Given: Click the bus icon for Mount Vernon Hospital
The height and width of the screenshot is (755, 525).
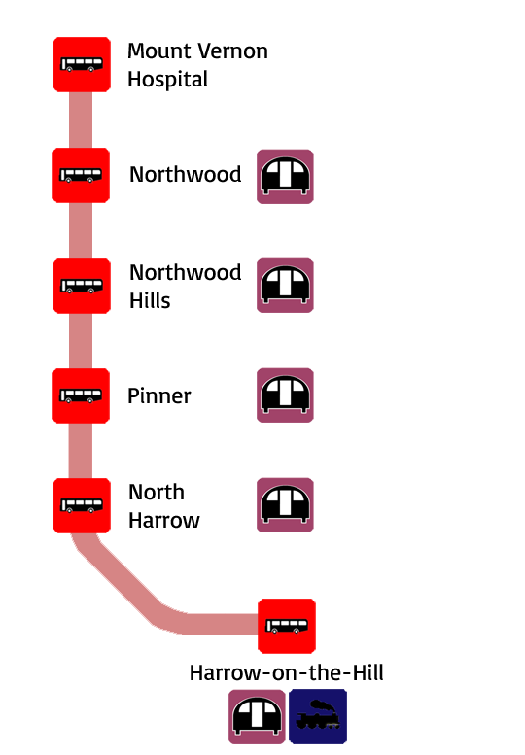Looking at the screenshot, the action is tap(82, 64).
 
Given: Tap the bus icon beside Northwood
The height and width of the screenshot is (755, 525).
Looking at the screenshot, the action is tap(81, 175).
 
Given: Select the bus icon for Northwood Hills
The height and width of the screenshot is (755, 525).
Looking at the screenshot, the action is tap(82, 286).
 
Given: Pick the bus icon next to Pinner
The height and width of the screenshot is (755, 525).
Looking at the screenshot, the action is tap(81, 395).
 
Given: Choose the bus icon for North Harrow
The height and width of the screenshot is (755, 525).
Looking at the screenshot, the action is tap(82, 505).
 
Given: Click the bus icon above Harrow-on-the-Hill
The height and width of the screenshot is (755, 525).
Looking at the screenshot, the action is tap(287, 626).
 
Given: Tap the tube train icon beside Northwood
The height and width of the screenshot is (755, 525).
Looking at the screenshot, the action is tap(285, 177).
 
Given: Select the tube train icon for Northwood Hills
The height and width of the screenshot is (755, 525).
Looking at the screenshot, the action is tap(285, 286).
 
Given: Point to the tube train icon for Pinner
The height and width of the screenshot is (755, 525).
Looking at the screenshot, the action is tap(285, 395).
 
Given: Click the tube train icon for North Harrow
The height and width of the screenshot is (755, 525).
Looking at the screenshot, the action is tap(285, 505).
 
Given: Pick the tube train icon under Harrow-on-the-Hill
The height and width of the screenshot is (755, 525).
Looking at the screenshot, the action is tap(257, 716).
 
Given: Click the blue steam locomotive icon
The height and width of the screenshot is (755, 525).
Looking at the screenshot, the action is tap(318, 716).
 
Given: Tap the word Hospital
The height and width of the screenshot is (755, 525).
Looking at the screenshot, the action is tap(167, 80).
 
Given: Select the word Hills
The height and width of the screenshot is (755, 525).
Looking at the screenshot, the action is tap(150, 300).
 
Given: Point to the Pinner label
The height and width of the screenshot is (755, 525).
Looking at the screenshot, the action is tap(158, 396).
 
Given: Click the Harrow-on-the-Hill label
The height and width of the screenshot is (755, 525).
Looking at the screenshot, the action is tap(287, 672).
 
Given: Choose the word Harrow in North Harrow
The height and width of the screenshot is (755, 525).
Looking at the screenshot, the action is tap(163, 521).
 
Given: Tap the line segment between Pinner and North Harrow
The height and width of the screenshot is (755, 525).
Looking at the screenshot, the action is tap(81, 451).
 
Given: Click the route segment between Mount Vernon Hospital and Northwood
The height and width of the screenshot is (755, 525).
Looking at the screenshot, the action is tap(81, 120).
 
